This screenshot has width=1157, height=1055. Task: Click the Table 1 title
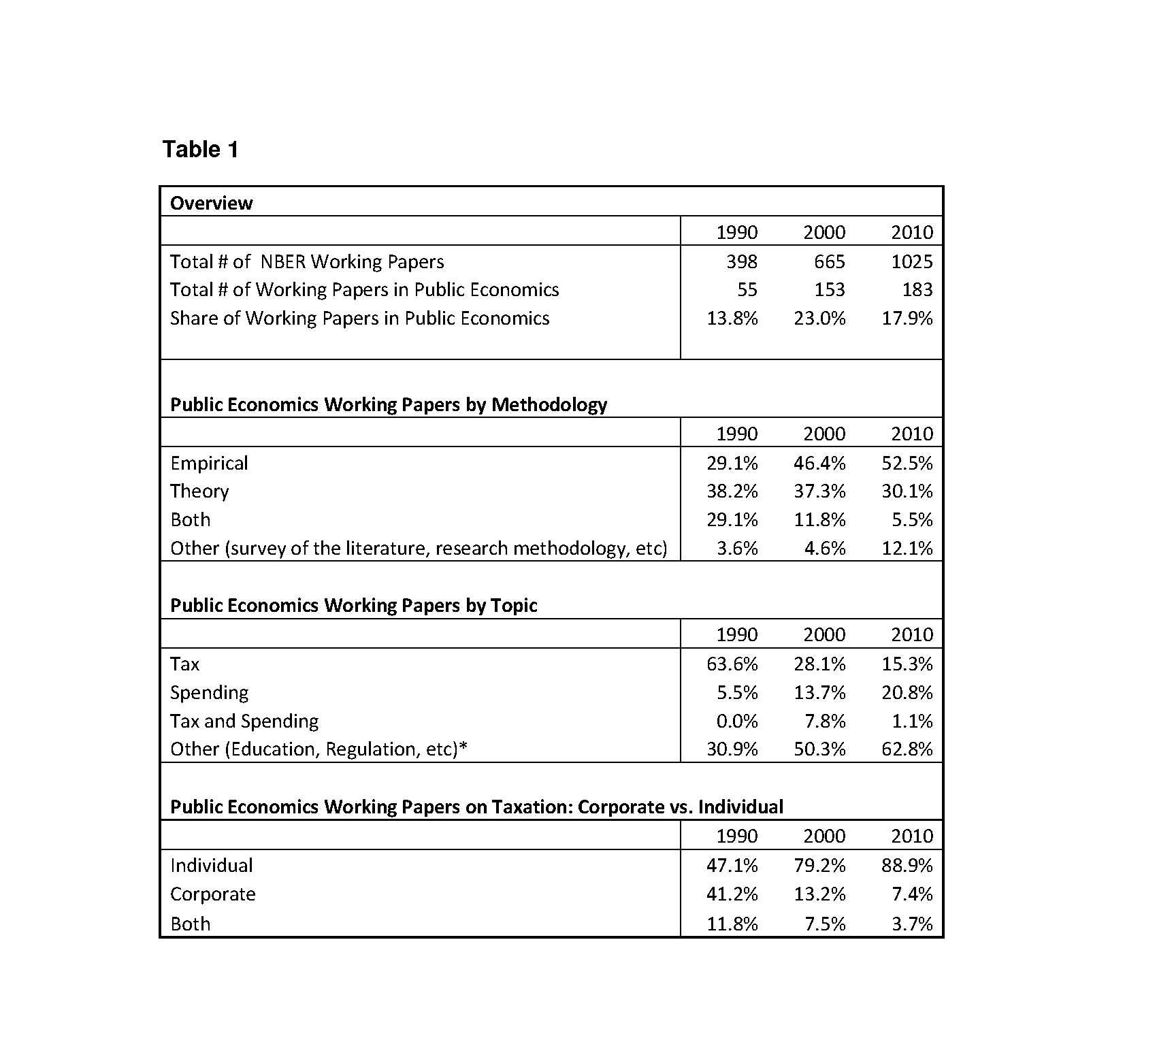200,149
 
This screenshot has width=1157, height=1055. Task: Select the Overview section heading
211,203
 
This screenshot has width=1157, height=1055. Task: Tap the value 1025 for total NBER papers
911,261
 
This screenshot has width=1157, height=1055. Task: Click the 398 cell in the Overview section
741,261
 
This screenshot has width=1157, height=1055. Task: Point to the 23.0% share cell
819,319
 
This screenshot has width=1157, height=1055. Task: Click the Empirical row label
209,463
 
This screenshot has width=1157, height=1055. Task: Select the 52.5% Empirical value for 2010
907,463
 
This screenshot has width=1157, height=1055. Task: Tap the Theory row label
199,491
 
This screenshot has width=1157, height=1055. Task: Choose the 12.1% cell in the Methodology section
907,548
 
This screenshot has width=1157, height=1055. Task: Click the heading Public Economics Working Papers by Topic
353,605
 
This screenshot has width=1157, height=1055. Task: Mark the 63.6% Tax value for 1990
732,664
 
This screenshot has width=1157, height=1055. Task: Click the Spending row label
209,692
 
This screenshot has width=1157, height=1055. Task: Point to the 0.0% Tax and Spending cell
737,721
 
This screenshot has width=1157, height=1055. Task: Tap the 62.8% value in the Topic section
907,749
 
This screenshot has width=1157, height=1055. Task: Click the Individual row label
211,865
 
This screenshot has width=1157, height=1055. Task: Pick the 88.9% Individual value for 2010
907,865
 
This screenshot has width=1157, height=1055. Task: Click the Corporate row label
212,894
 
